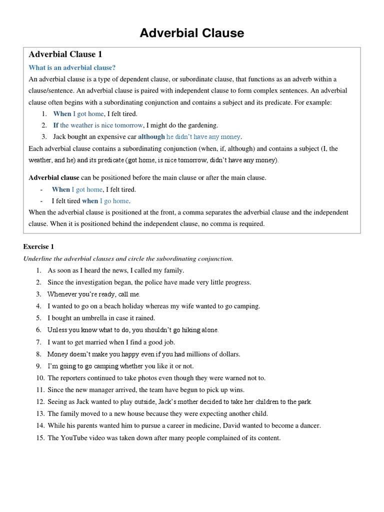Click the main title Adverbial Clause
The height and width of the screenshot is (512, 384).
192,33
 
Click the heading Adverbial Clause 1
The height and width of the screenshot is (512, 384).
65,54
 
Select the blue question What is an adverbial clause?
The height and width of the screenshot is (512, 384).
72,67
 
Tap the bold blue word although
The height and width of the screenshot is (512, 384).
151,136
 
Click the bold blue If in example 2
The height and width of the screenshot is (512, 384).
56,125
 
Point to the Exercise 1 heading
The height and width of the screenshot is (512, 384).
38,246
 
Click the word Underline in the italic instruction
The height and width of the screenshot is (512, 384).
38,258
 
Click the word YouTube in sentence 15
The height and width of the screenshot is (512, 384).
75,438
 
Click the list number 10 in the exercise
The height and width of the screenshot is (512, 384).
40,378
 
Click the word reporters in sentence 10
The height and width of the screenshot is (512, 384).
76,378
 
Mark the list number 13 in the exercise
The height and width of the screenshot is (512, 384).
40,414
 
